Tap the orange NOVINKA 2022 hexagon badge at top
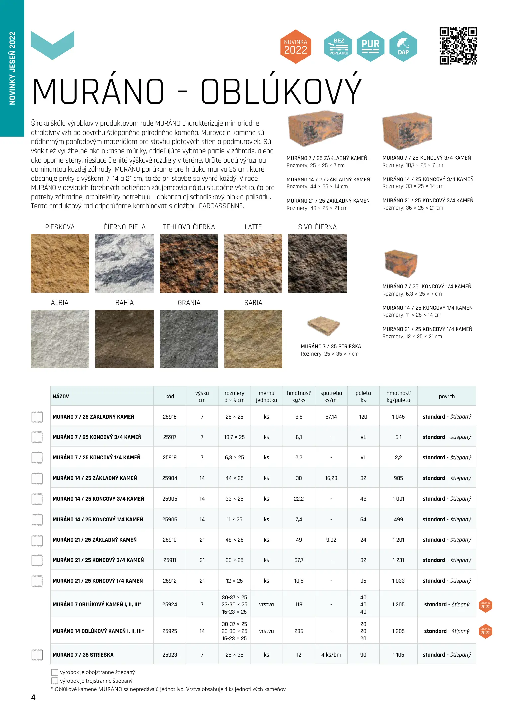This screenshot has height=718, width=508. point(295,47)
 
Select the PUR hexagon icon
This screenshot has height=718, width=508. point(370,47)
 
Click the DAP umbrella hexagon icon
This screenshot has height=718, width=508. point(403,47)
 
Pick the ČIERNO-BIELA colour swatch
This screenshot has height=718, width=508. point(124,263)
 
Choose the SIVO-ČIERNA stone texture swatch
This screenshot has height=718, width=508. point(317,263)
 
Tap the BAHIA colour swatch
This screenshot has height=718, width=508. point(124,339)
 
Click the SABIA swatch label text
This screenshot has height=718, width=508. point(253,303)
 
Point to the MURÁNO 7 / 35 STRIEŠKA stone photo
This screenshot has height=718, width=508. point(323,325)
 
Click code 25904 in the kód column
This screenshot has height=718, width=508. point(170,478)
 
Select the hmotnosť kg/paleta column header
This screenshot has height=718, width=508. point(398,396)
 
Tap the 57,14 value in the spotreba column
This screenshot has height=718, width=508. point(331,417)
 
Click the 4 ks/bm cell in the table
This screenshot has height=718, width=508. point(331,655)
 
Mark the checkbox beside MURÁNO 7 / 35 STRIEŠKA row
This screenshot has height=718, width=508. point(37,655)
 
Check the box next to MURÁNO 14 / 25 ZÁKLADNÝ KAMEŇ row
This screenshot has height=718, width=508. point(37,478)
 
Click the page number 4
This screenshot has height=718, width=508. point(33,697)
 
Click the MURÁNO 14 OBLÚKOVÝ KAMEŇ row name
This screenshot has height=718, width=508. point(98,631)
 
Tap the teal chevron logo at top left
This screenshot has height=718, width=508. point(52,45)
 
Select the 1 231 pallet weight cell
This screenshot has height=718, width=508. point(398,560)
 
